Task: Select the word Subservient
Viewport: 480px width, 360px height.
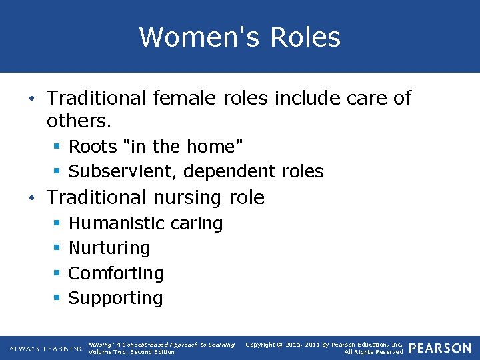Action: click(123, 171)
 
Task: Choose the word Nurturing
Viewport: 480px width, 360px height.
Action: click(109, 248)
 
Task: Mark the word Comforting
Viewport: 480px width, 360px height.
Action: click(116, 273)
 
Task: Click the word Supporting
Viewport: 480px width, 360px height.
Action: click(115, 298)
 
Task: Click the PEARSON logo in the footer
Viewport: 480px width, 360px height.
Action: click(440, 348)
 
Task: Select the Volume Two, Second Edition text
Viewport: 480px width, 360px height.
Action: click(131, 352)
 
